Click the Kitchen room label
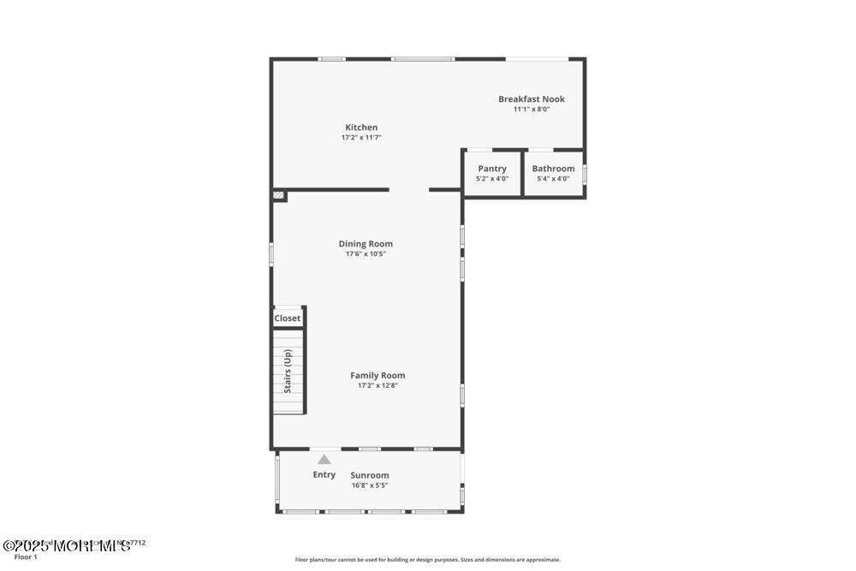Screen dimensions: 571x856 pyautogui.click(x=361, y=128)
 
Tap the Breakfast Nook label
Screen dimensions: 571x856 pyautogui.click(x=532, y=99)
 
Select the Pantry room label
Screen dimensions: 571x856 pyautogui.click(x=492, y=169)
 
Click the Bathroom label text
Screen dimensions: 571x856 pyautogui.click(x=553, y=169)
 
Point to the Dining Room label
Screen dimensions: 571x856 pyautogui.click(x=366, y=244)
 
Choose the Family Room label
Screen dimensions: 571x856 pyautogui.click(x=377, y=375)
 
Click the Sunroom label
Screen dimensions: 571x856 pyautogui.click(x=370, y=475)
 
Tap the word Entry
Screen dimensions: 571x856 pyautogui.click(x=324, y=474)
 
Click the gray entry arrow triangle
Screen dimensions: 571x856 pyautogui.click(x=324, y=460)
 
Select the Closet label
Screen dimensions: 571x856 pyautogui.click(x=288, y=318)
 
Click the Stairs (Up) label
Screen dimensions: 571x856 pyautogui.click(x=288, y=371)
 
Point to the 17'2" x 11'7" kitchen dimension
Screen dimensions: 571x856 pyautogui.click(x=361, y=138)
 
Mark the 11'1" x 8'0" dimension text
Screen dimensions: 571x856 pyautogui.click(x=532, y=110)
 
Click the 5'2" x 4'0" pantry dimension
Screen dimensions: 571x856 pyautogui.click(x=492, y=179)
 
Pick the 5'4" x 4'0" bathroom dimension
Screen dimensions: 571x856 pyautogui.click(x=553, y=179)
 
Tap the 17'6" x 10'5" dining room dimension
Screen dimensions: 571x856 pyautogui.click(x=366, y=254)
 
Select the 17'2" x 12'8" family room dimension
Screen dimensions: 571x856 pyautogui.click(x=377, y=385)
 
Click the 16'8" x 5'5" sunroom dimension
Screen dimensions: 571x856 pyautogui.click(x=370, y=485)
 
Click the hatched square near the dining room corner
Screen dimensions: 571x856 pyautogui.click(x=279, y=196)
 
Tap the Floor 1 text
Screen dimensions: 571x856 pyautogui.click(x=26, y=557)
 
